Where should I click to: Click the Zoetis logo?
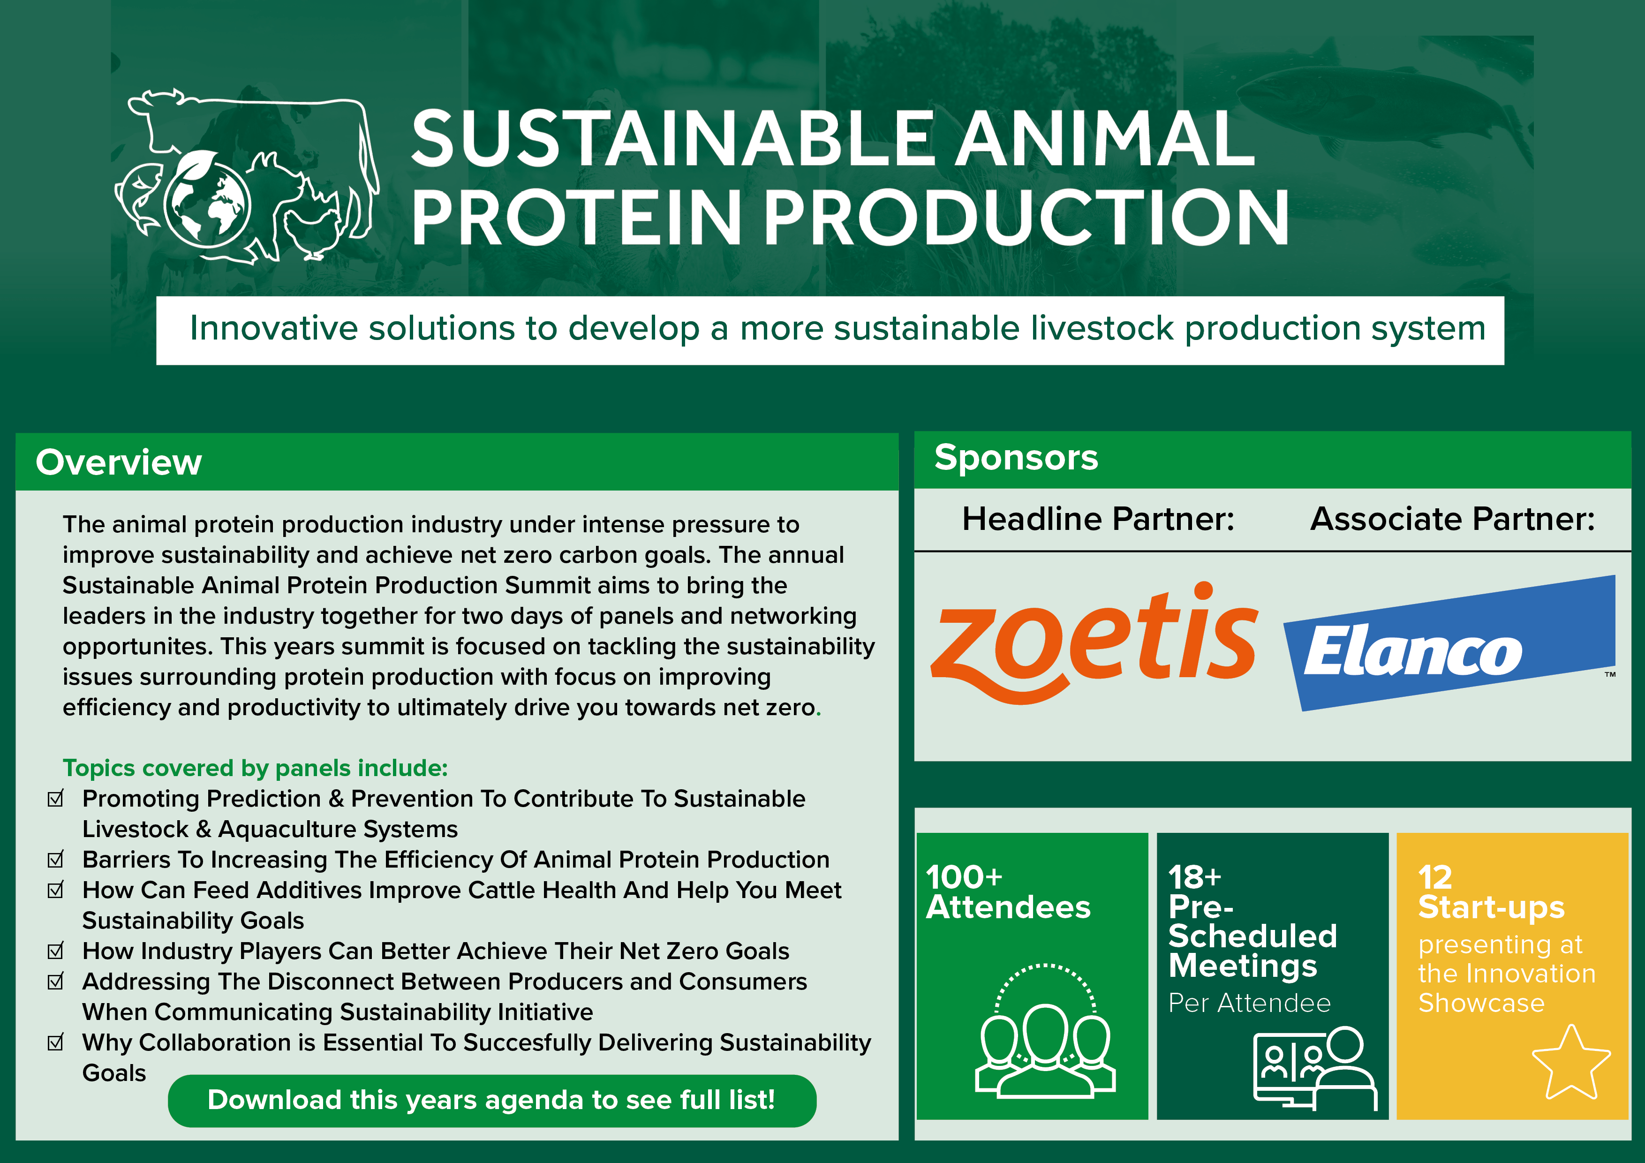pos(1094,642)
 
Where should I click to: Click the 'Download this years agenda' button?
pos(491,1100)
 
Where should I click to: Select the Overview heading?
pos(119,462)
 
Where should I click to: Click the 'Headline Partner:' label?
pos(1098,519)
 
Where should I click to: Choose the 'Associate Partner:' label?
pos(1452,519)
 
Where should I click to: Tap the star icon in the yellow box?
pos(1570,1063)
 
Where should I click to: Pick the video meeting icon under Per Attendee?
pos(1315,1068)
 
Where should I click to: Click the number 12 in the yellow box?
pos(1435,876)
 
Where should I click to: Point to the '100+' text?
pos(964,876)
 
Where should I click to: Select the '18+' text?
pos(1194,876)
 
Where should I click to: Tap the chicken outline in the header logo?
pos(314,231)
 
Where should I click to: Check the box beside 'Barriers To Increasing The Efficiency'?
pos(56,859)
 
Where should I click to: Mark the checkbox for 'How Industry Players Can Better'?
pos(56,951)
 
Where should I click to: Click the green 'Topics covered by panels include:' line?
pos(255,768)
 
